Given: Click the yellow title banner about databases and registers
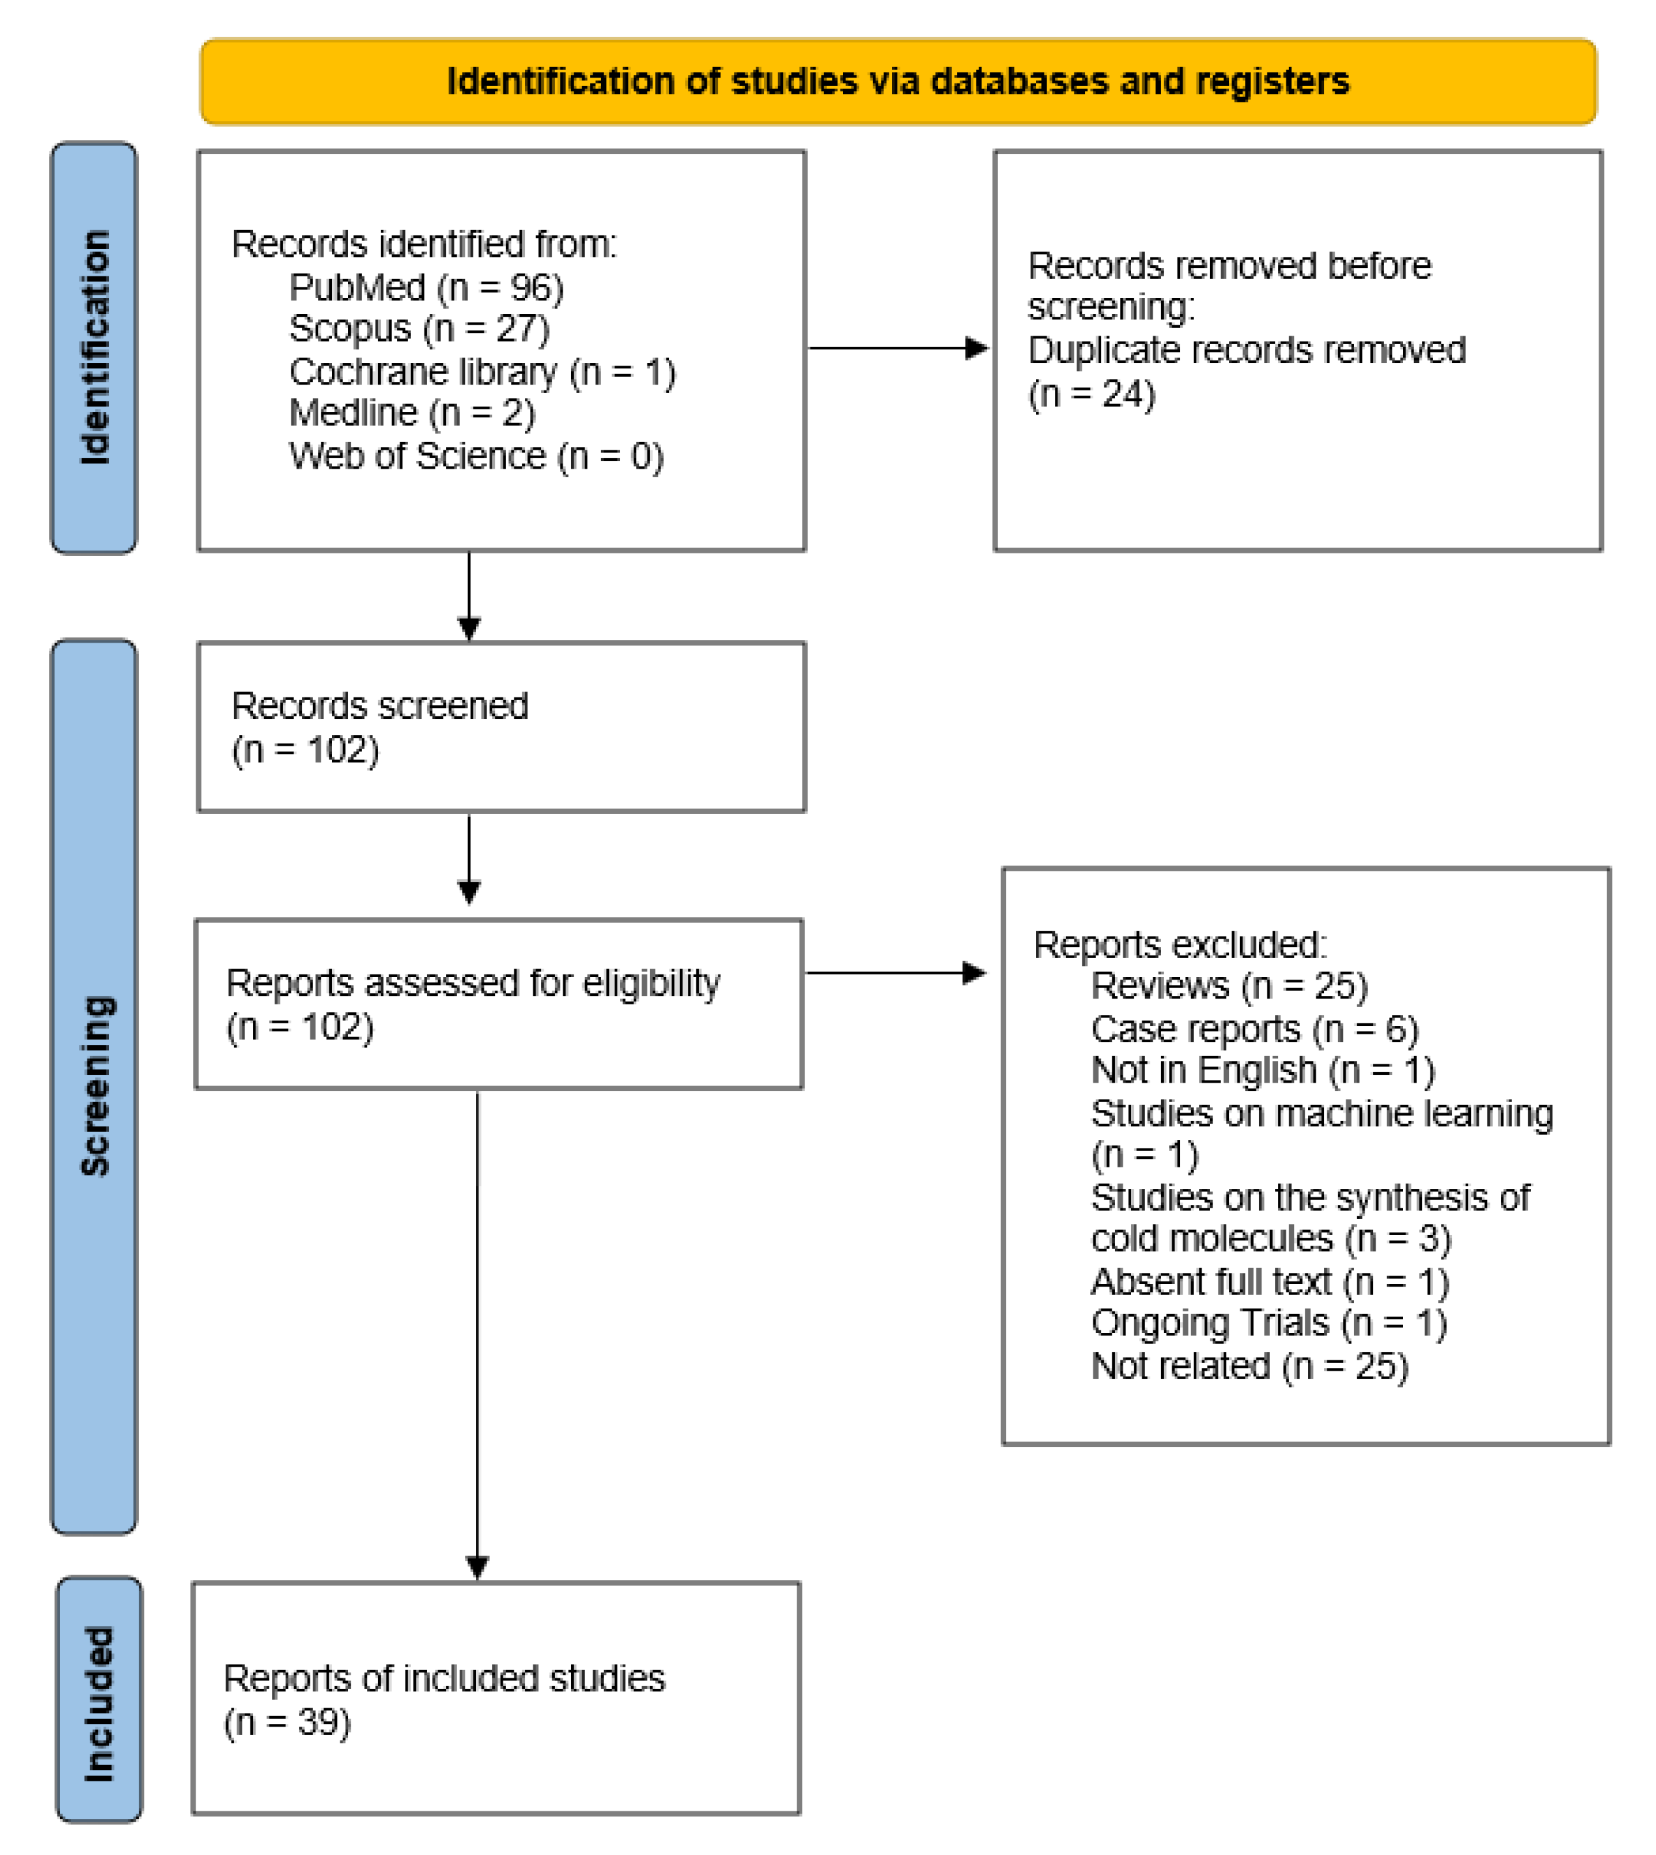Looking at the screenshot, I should [897, 82].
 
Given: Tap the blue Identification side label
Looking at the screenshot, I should [95, 347].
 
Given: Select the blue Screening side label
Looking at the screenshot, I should [95, 1085].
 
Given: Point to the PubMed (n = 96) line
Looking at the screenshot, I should [426, 287].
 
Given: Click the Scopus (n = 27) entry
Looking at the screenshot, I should [419, 329].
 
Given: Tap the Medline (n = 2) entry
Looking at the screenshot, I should [411, 413].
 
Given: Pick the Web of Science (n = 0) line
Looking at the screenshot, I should [476, 456].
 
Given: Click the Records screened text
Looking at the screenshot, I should [379, 706].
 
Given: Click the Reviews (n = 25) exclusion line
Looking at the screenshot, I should [1228, 986].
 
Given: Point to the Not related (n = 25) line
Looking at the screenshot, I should [1249, 1366].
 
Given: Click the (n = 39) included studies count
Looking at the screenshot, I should [287, 1722].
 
